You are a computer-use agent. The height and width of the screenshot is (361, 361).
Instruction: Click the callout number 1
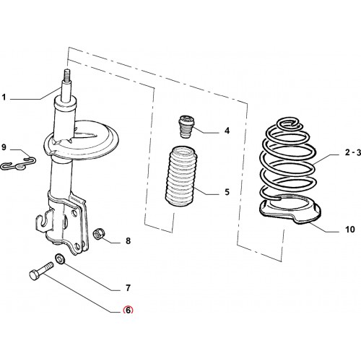[x=4, y=97]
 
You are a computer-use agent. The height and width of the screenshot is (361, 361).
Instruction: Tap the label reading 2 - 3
[x=353, y=152]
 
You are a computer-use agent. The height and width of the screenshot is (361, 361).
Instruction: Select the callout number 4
[x=227, y=131]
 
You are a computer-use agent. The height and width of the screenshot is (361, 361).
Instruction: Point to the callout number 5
[x=227, y=192]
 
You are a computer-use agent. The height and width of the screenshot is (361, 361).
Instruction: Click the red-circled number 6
[x=128, y=310]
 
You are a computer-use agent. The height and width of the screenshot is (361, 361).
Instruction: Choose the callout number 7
[x=128, y=288]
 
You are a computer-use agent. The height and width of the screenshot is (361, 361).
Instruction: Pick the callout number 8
[x=128, y=240]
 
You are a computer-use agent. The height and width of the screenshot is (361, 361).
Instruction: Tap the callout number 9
[x=4, y=147]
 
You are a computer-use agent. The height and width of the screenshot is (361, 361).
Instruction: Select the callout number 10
[x=350, y=230]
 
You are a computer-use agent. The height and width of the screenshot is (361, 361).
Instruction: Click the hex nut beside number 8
[x=99, y=234]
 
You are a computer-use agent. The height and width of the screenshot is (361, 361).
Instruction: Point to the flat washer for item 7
[x=60, y=259]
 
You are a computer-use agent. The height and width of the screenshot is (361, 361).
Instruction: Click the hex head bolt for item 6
[x=41, y=271]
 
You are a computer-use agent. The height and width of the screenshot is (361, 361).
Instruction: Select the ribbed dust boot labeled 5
[x=181, y=175]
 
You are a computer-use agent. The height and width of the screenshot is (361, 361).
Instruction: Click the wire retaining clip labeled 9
[x=18, y=163]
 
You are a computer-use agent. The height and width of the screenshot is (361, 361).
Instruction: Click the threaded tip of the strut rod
[x=67, y=74]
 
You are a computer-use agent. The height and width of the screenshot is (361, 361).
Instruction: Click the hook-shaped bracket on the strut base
[x=44, y=220]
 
